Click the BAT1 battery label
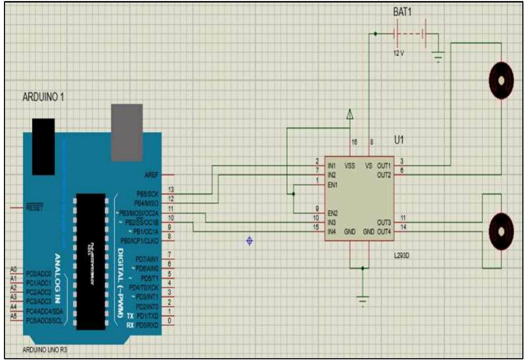pyautogui.click(x=402, y=12)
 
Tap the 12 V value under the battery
pyautogui.click(x=398, y=53)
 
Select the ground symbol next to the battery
pyautogui.click(x=438, y=56)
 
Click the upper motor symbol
pyautogui.click(x=501, y=81)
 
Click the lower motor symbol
pyautogui.click(x=501, y=231)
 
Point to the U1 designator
pyautogui.click(x=399, y=140)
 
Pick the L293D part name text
pyautogui.click(x=401, y=256)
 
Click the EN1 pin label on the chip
pyautogui.click(x=332, y=185)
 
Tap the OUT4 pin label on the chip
pyautogui.click(x=384, y=232)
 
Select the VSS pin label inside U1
pyautogui.click(x=350, y=166)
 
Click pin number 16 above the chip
pyautogui.click(x=354, y=142)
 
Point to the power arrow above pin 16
pyautogui.click(x=350, y=115)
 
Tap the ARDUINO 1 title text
pyautogui.click(x=43, y=97)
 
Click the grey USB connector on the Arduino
pyautogui.click(x=127, y=133)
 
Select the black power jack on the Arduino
pyautogui.click(x=43, y=147)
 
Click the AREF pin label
pyautogui.click(x=151, y=175)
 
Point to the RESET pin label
pyautogui.click(x=34, y=208)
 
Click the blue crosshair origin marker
pyautogui.click(x=250, y=241)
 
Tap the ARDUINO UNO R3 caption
pyautogui.click(x=45, y=350)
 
